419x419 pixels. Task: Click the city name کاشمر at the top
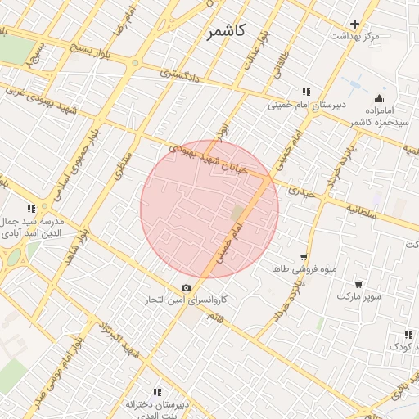(225, 32)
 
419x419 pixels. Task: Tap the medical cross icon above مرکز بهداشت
(354, 24)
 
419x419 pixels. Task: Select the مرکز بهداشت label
(355, 37)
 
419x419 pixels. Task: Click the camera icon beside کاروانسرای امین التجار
(187, 287)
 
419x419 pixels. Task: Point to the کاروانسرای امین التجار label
(222, 300)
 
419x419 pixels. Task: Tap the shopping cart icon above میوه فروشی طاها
(304, 256)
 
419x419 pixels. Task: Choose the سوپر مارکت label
(358, 296)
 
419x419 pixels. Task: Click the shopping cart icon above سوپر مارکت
(358, 283)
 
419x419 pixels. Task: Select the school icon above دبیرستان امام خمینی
(306, 92)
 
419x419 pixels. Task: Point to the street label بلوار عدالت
(250, 50)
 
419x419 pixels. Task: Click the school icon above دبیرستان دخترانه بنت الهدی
(157, 392)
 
